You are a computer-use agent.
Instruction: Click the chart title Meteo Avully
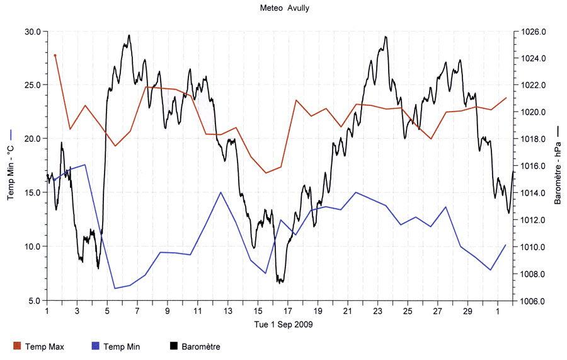284,8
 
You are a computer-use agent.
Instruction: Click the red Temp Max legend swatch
17,345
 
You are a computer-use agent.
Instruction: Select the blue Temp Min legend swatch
96,345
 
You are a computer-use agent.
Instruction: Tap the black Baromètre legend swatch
175,345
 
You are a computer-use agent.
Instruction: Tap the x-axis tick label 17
288,311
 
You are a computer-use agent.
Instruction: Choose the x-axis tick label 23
378,311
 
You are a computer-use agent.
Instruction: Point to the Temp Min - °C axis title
11,165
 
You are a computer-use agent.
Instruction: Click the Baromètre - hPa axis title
558,165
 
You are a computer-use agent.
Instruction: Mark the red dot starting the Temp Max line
55,55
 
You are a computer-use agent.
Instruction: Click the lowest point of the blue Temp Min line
115,288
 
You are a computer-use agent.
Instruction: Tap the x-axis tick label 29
468,311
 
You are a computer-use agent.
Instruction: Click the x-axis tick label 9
168,311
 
